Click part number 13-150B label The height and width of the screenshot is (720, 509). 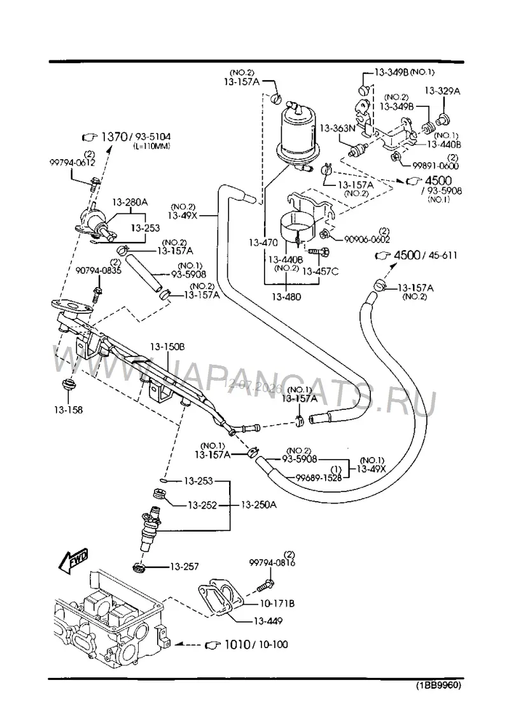coord(168,347)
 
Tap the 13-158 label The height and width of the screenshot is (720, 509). coord(68,409)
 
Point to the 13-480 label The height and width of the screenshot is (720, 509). coord(286,297)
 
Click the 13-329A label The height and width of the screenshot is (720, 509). coord(442,91)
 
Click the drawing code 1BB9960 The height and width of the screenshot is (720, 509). coord(438,686)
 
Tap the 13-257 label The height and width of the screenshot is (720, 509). coord(185,567)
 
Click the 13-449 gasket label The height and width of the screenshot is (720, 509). coord(268,621)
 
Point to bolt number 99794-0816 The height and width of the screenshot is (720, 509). coord(272,563)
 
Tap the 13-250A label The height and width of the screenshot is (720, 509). coord(259,505)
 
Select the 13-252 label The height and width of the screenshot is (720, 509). coord(202,505)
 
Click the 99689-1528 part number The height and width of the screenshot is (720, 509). coord(319,477)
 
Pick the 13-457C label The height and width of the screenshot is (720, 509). coord(321,271)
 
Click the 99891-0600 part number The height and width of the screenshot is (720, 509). coord(436,166)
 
